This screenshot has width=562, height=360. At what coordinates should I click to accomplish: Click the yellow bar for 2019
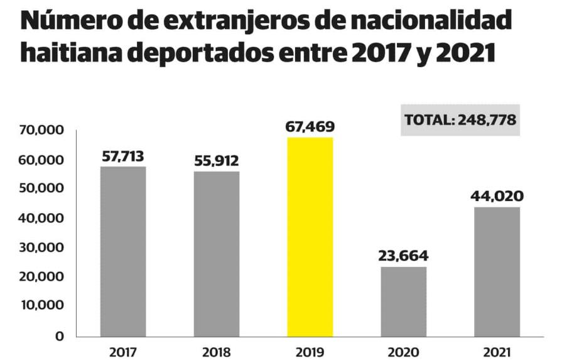click(x=310, y=237)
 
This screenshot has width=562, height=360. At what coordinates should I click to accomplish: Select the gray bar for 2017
click(x=123, y=251)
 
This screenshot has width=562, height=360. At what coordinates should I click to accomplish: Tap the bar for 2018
click(x=216, y=254)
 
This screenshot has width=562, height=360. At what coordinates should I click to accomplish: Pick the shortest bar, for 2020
click(x=403, y=302)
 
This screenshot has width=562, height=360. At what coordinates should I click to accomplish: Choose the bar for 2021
click(x=497, y=271)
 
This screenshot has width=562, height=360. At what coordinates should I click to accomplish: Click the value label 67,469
click(x=310, y=127)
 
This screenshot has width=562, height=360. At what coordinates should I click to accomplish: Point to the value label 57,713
click(x=124, y=156)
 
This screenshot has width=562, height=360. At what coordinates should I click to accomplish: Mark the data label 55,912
click(x=216, y=161)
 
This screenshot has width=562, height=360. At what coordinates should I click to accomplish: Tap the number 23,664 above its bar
click(x=403, y=256)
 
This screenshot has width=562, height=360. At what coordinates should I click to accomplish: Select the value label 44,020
click(x=497, y=197)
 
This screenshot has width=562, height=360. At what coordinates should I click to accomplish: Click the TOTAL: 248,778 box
click(x=460, y=120)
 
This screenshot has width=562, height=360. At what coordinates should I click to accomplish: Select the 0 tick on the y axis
click(x=60, y=335)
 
